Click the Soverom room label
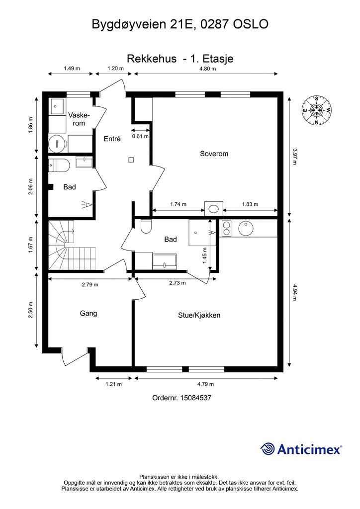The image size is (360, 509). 214,154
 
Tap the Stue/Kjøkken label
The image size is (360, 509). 199,315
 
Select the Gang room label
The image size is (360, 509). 89,314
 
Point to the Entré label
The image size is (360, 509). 112,139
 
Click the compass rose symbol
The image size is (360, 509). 317,110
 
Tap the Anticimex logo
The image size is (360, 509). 301,449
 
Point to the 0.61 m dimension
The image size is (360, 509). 140,136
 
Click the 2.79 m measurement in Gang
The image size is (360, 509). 90,285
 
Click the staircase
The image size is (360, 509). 72,246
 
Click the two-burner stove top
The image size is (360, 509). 226,228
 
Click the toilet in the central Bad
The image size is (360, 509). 146,226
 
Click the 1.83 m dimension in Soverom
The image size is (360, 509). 250,204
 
